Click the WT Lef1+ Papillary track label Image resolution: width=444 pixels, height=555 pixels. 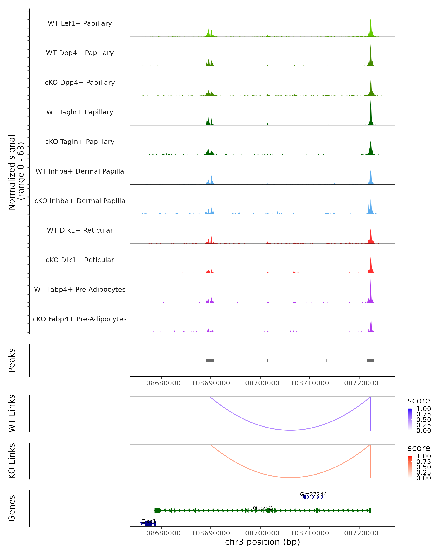tap(80, 23)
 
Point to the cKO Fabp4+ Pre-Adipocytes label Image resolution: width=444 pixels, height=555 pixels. tap(80, 319)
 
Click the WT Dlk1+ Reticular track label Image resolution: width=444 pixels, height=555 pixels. tap(80, 230)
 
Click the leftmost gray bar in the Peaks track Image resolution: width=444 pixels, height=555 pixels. tap(210, 360)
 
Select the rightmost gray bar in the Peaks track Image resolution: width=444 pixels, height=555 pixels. tap(370, 360)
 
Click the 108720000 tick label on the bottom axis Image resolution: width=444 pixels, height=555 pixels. tap(359, 533)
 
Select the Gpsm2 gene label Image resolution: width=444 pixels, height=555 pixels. tap(262, 508)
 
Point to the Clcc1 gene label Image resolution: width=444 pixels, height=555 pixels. tap(149, 521)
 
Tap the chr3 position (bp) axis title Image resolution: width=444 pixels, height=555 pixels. tap(262, 542)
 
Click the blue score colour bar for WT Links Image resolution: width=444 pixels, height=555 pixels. tap(410, 419)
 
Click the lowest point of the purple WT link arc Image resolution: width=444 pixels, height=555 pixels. tap(290, 430)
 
